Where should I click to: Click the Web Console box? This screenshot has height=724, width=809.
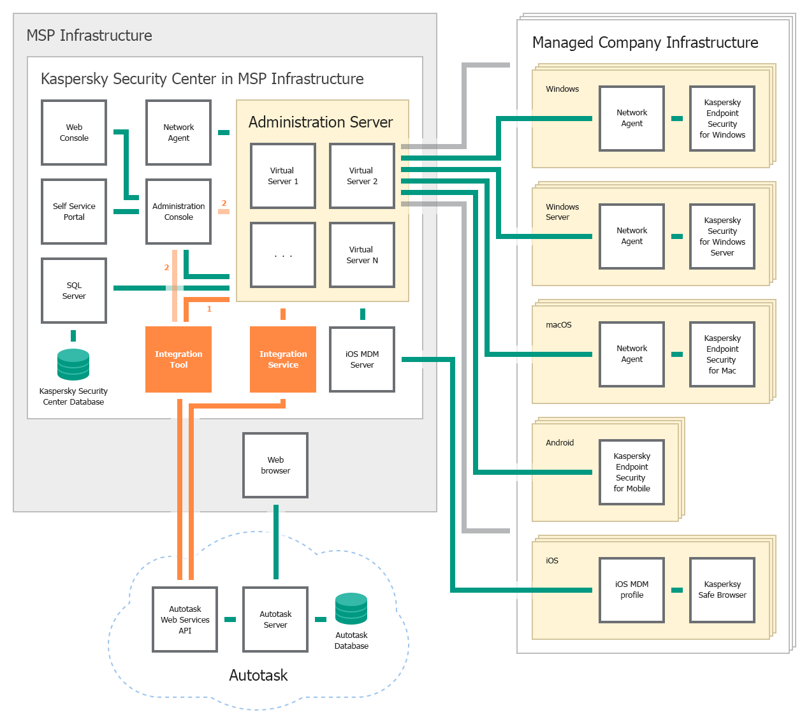74,133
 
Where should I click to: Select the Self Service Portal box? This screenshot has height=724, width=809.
74,212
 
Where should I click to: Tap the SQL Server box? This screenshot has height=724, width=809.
74,291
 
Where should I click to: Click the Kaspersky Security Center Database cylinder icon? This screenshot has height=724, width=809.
73,365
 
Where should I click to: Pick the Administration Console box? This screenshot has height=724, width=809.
179,212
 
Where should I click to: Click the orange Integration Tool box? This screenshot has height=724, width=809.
179,359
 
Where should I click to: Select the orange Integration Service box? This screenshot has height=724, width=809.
283,359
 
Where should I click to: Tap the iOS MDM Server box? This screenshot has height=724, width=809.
362,359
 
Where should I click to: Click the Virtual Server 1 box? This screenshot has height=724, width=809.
283,176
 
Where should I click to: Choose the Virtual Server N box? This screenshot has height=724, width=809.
362,255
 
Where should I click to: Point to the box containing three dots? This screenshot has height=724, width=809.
283,255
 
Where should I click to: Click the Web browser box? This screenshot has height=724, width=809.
275,465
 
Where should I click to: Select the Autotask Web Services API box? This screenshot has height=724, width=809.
185,619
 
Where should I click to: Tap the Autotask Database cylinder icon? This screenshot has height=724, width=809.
351,609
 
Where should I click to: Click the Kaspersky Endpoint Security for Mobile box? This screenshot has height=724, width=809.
632,472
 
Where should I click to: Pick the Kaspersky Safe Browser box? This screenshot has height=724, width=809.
722,590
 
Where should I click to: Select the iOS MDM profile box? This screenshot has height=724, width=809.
632,590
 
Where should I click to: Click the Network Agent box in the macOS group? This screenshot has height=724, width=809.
632,354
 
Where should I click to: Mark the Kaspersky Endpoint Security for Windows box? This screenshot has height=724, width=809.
722,119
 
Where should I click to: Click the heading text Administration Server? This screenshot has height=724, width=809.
321,122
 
